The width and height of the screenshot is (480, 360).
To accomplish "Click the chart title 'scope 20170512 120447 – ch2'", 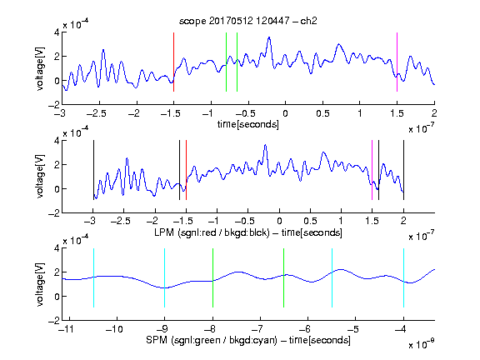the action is (248, 21).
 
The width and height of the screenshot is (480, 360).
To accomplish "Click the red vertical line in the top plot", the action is (173, 62).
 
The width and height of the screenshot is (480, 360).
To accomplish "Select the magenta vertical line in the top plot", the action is (397, 62).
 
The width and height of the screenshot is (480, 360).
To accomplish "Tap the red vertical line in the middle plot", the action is (186, 170).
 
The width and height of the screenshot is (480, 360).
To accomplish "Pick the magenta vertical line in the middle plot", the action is (372, 170).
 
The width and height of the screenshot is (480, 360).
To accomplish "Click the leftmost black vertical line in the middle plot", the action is (93, 170).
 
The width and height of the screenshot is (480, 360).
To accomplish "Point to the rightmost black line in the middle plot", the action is (403, 170).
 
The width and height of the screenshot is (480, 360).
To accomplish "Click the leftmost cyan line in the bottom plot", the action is (93, 277).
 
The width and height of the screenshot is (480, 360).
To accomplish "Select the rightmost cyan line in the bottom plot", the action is (403, 277).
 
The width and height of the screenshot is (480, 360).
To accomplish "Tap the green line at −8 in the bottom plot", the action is (212, 277).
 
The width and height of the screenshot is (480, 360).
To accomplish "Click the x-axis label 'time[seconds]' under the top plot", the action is (248, 124).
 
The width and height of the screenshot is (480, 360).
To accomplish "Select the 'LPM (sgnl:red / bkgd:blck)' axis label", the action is (212, 232).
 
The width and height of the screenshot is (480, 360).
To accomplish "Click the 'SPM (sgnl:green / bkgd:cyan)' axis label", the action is (212, 340).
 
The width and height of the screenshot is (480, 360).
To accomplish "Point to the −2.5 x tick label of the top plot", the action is (97, 113).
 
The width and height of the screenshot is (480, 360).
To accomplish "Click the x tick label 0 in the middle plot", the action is (279, 221).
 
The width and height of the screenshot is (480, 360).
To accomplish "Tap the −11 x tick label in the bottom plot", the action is (65, 329).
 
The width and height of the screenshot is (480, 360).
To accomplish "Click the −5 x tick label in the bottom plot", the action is (354, 329).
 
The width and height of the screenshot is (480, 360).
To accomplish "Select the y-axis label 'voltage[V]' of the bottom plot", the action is (40, 284).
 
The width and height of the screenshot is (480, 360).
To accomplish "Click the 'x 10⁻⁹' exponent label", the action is (422, 344).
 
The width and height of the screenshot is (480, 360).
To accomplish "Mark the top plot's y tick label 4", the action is (57, 32).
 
